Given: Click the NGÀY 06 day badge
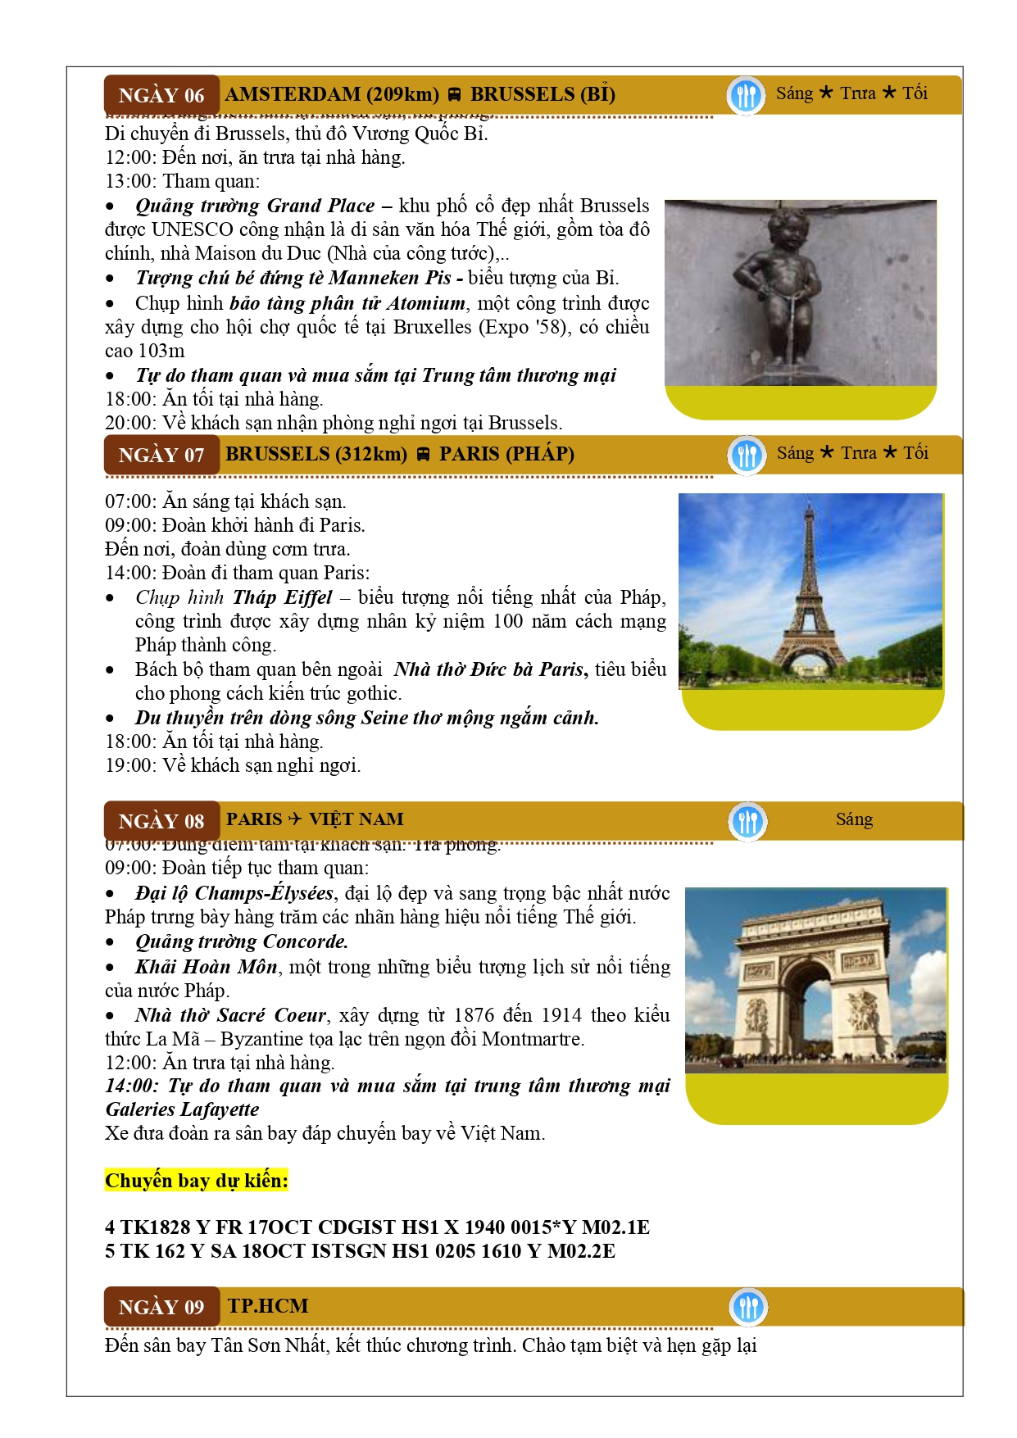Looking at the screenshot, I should click(161, 95).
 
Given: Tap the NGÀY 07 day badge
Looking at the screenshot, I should click(161, 455).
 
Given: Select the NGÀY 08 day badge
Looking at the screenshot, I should click(161, 821).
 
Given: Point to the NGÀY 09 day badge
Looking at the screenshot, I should click(161, 1307).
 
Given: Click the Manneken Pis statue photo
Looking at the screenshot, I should click(800, 293).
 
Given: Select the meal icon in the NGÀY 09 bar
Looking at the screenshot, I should click(747, 1307).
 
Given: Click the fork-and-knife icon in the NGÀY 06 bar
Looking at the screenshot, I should click(746, 95).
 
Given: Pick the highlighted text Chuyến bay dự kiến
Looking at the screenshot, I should click(197, 1181).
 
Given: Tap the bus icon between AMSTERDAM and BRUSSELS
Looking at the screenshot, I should click(454, 95).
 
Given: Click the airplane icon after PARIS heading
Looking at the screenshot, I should click(295, 819).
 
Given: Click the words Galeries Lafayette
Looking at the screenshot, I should click(182, 1109).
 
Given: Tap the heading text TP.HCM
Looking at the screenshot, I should click(268, 1305).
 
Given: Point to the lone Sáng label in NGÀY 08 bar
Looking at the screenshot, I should click(854, 819).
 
